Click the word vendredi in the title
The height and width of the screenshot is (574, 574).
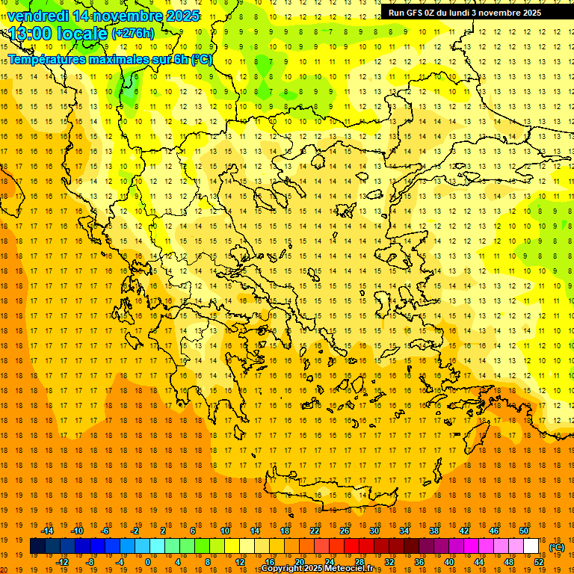(x=37, y=16)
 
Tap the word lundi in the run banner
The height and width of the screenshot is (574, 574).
(x=466, y=13)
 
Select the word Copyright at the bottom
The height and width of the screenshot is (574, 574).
(x=281, y=569)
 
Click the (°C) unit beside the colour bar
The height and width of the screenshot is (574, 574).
(x=557, y=547)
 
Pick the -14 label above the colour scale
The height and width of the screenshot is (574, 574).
(x=48, y=531)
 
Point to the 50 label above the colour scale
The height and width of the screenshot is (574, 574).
(x=524, y=531)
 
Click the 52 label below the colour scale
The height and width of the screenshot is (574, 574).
(x=539, y=561)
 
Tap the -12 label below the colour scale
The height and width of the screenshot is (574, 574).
(x=63, y=561)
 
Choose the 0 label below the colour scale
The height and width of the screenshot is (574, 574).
(x=148, y=561)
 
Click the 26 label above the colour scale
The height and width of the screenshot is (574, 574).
(x=345, y=531)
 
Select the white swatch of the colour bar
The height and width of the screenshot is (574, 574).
(x=531, y=546)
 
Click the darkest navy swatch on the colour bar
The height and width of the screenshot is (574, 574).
(x=37, y=546)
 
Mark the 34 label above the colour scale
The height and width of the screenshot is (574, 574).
(x=404, y=531)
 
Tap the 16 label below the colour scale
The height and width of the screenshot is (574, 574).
(x=270, y=561)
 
